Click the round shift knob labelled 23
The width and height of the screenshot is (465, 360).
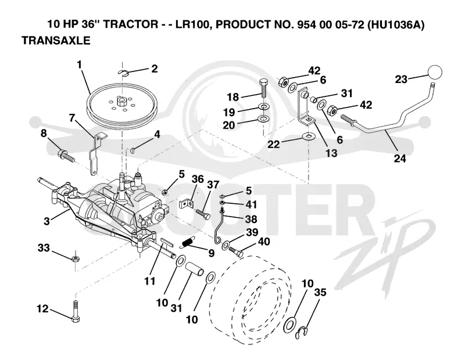pos(434,73)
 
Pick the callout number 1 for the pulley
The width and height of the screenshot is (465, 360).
pos(79,64)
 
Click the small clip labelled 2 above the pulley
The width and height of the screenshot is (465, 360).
pos(123,72)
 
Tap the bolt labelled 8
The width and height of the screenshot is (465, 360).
pos(65,154)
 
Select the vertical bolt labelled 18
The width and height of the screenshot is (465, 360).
pos(264,88)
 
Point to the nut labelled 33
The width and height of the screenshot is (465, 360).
pos(76,258)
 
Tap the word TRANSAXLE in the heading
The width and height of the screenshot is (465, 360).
pos(56,40)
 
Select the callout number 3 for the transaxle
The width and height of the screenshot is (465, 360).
pos(46,221)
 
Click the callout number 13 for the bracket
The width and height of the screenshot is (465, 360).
pos(331,153)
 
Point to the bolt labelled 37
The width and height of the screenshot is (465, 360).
pos(203,214)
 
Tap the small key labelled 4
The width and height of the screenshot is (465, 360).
pos(133,151)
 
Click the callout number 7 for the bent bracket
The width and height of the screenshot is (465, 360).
pos(72,118)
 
